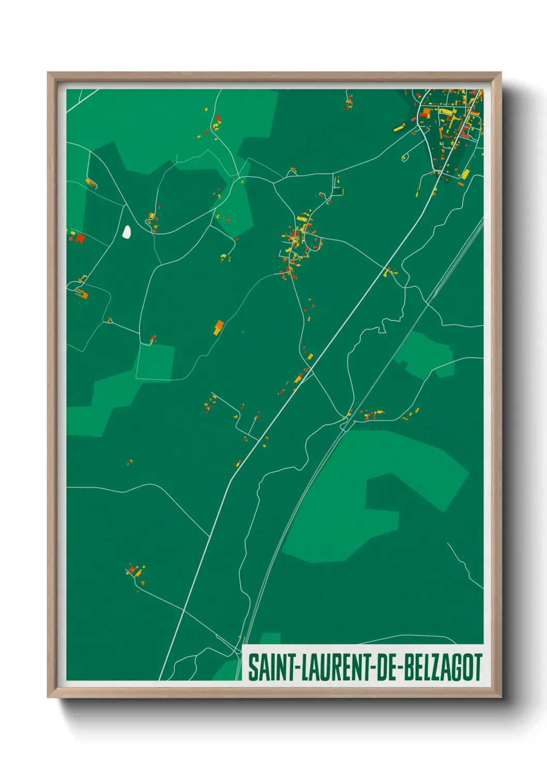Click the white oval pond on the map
[126, 231]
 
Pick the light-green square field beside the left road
[155, 362]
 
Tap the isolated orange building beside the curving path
[219, 327]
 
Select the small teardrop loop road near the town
[405, 157]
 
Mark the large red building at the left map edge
[80, 238]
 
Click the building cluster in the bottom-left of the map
[135, 572]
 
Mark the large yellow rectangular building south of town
[465, 174]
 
